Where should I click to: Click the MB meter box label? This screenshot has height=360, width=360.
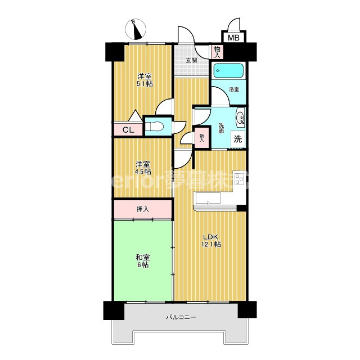pos(232,38)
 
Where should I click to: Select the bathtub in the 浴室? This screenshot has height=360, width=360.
pos(228,71)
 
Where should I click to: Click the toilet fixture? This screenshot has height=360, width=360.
pos(154,126)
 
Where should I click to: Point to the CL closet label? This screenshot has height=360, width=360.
pos(128,130)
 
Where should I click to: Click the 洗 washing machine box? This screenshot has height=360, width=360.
pos(238,138)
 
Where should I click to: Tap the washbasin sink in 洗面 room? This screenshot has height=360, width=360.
pos(240,118)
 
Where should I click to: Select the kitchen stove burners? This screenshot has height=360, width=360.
pos(238,181)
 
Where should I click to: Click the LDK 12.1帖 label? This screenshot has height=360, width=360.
pos(211,240)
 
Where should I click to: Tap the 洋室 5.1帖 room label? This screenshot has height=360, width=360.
pos(145,80)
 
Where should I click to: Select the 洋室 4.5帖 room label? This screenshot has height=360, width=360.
pos(142,168)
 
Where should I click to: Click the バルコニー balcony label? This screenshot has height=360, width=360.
pos(181,318)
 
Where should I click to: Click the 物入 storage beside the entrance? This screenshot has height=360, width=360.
pos(218,51)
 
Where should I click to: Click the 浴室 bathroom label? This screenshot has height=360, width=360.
pos(233,89)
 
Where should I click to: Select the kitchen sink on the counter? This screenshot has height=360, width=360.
pos(208,200)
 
